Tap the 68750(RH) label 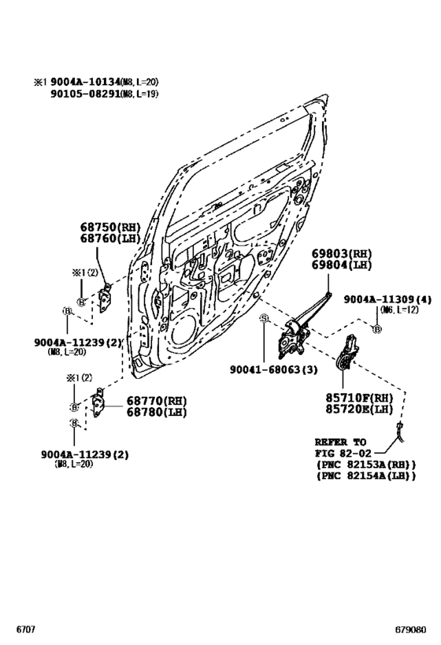point(109,227)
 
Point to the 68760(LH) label point(109,238)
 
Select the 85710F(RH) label point(359,398)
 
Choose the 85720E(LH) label point(359,410)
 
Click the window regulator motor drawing point(347,352)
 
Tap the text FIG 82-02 point(343,454)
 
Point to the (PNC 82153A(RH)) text point(365,465)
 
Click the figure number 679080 point(415,631)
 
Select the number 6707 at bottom point(26,631)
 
